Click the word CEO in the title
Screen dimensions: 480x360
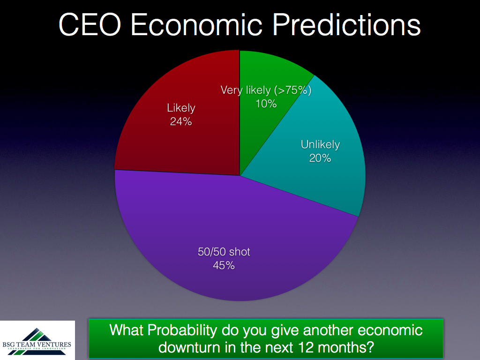90,24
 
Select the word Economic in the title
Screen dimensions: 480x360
196,24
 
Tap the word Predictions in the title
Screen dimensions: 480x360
346,24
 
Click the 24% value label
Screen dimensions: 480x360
181,121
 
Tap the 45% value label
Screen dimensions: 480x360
224,265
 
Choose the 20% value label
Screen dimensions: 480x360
320,158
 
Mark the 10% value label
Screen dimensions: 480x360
266,104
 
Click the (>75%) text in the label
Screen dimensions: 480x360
292,90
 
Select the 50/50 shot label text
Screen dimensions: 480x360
224,252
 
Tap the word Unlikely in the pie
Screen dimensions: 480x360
320,144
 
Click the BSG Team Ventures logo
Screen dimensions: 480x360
37,340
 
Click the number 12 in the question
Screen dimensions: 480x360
305,347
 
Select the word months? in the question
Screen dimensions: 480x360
346,347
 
